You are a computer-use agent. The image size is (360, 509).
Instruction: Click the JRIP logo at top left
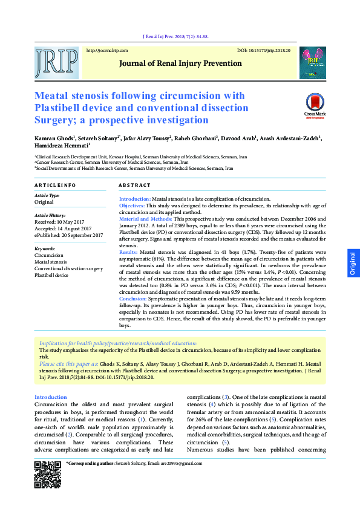[x=56, y=62]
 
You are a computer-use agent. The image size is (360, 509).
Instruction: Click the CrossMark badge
[x=315, y=105]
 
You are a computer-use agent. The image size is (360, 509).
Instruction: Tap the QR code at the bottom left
[x=47, y=474]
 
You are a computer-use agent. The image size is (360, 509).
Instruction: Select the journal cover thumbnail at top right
[x=313, y=62]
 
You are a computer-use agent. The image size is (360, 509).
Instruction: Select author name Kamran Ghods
[x=51, y=138]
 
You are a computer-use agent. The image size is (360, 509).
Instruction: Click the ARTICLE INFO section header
[x=55, y=184]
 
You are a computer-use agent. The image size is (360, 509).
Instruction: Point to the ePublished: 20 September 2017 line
[x=68, y=235]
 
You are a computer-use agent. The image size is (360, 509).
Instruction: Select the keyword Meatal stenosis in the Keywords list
[x=51, y=262]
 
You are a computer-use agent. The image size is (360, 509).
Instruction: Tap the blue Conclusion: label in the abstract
[x=133, y=298]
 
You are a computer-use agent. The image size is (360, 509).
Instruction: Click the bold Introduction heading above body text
[x=51, y=397]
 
